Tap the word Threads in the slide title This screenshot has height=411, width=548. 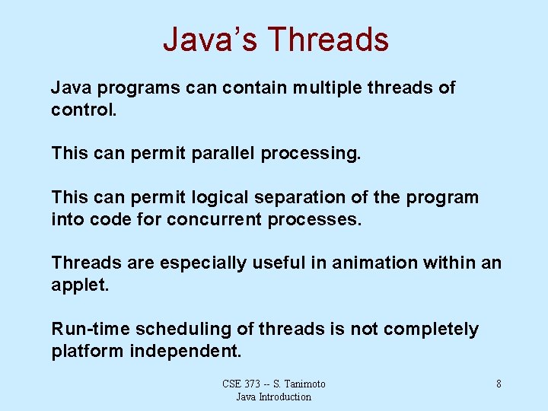coord(329,40)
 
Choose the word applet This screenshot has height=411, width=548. coord(80,285)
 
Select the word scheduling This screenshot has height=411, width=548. coord(166,330)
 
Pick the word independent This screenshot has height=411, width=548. coord(186,351)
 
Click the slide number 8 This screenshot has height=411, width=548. coord(499,384)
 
